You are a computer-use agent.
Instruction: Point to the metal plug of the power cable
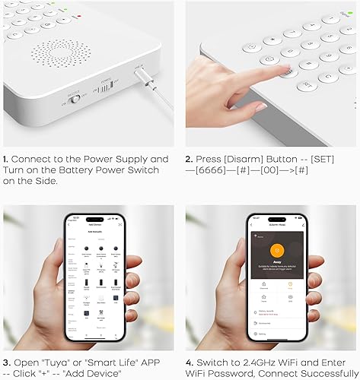145,78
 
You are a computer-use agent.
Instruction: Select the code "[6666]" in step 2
221,170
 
